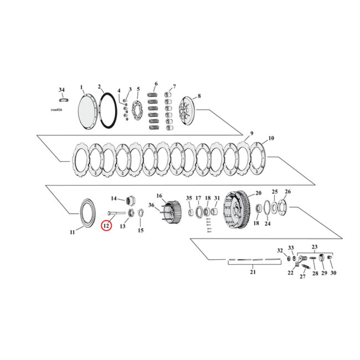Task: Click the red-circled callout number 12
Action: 106,225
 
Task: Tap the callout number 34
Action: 62,90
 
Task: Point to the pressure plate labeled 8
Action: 187,110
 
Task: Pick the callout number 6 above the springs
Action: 156,84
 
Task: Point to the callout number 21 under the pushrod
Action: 252,272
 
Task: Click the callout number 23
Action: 315,247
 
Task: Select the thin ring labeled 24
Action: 266,208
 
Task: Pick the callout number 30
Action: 333,273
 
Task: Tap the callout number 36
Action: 151,206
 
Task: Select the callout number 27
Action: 302,277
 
